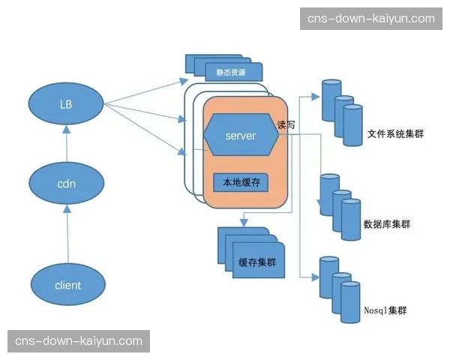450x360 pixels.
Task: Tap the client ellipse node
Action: pyautogui.click(x=67, y=285)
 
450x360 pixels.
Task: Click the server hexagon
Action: pyautogui.click(x=241, y=136)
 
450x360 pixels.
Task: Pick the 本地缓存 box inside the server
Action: pyautogui.click(x=241, y=181)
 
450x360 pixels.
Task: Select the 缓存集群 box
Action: pyautogui.click(x=257, y=262)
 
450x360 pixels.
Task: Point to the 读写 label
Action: pyautogui.click(x=286, y=125)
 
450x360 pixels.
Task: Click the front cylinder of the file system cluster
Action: pyautogui.click(x=352, y=126)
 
